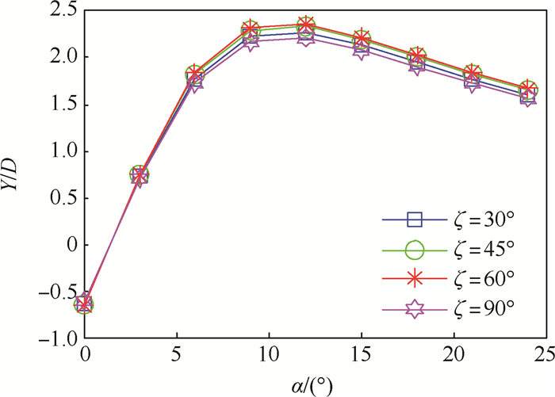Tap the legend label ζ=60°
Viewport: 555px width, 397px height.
click(x=482, y=279)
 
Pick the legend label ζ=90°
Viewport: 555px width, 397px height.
click(x=482, y=309)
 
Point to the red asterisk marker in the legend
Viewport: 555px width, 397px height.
click(x=413, y=279)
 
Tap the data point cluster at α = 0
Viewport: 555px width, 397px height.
click(x=85, y=303)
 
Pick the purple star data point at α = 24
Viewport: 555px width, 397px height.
click(x=527, y=97)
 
